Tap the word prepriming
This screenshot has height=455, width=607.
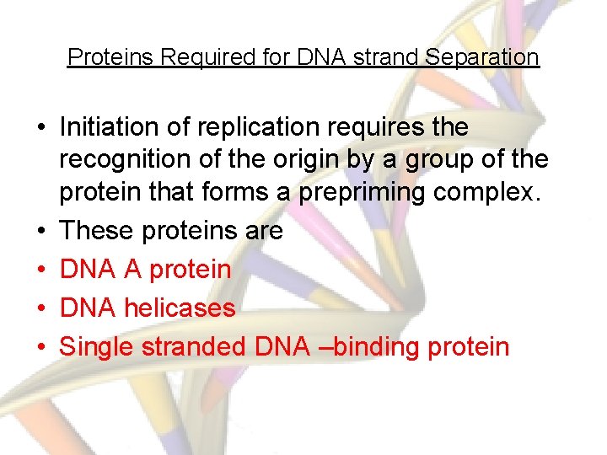tap(363, 192)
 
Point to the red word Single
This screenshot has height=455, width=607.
tap(99, 346)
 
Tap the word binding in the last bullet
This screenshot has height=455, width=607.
tap(379, 346)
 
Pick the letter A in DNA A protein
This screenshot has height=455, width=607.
tap(132, 270)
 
